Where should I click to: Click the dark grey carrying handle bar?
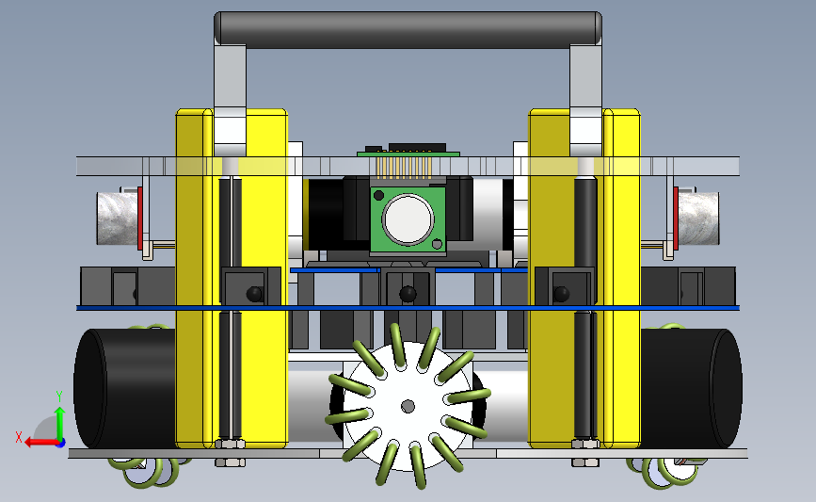click(408, 30)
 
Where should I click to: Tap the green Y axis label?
click(59, 397)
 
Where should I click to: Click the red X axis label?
click(19, 437)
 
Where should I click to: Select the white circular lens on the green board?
click(408, 219)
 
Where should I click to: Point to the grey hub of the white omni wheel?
click(408, 406)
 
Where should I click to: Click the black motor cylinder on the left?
click(125, 388)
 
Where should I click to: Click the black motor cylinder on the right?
click(692, 388)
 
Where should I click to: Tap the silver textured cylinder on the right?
click(698, 219)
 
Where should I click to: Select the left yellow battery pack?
click(232, 278)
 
